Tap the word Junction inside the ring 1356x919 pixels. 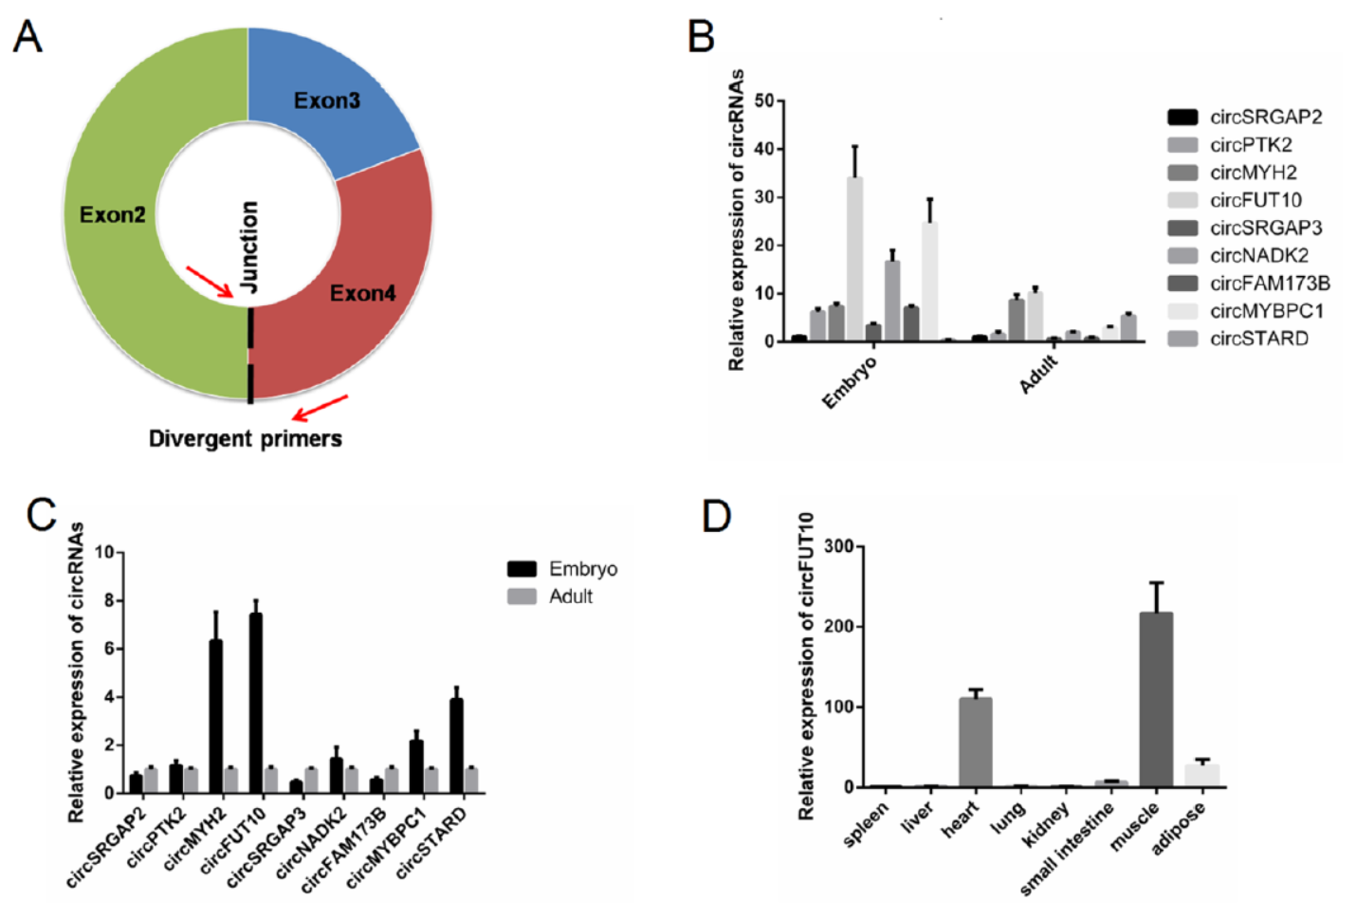click(248, 247)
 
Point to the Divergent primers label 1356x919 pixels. click(245, 438)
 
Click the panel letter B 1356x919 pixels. click(701, 37)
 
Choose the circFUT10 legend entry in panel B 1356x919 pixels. click(1255, 200)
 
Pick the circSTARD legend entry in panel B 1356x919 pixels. click(1258, 339)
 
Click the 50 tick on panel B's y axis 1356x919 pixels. click(764, 101)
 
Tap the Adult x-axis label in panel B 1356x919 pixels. click(1038, 372)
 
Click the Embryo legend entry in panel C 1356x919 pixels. click(581, 568)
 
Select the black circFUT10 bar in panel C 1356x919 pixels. click(256, 702)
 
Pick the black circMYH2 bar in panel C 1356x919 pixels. click(216, 716)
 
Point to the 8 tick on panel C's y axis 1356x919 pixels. click(109, 600)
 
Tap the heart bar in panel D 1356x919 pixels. click(975, 742)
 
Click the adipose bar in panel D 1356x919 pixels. click(1201, 775)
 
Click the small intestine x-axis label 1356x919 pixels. click(1068, 850)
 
